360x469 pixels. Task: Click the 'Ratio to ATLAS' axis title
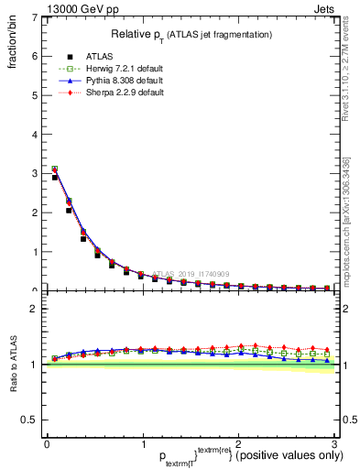click(x=14, y=364)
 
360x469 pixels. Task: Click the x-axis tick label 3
click(x=335, y=443)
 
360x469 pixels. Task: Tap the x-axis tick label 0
click(x=47, y=443)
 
